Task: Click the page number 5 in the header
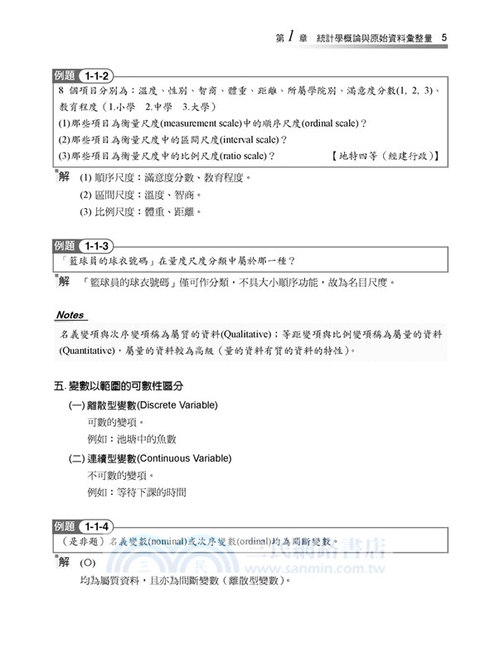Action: tap(445, 37)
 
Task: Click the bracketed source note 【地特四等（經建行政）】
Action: tap(383, 155)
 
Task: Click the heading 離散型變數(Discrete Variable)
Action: tap(143, 404)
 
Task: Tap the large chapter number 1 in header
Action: tap(294, 36)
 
